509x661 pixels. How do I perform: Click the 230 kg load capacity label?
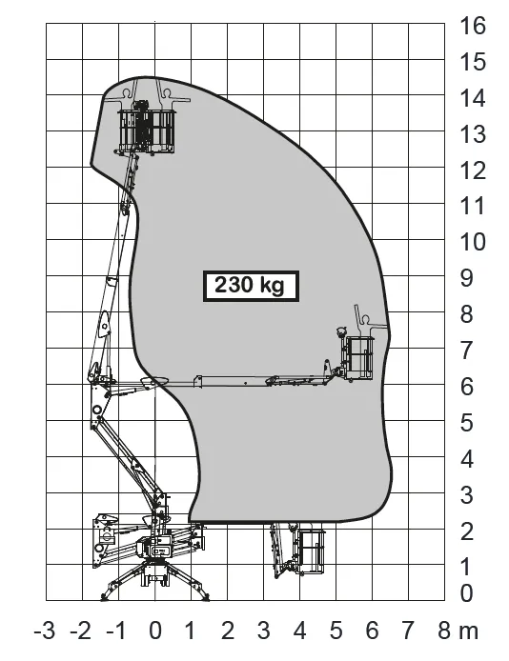click(251, 286)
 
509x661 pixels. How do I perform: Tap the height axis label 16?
click(473, 26)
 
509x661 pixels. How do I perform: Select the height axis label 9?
click(466, 279)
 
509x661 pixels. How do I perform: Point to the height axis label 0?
click(466, 593)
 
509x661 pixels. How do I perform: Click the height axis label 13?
click(473, 134)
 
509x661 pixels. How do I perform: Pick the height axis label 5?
click(466, 423)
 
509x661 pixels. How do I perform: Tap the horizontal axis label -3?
click(45, 631)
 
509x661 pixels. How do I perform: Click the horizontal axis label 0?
click(155, 631)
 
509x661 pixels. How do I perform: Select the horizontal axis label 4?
click(300, 631)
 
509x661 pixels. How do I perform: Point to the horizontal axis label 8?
click(444, 631)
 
